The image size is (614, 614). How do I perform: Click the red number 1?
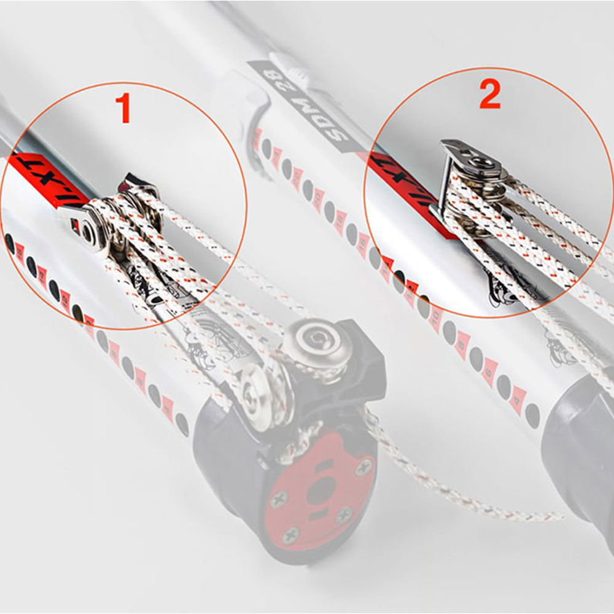click(x=125, y=108)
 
